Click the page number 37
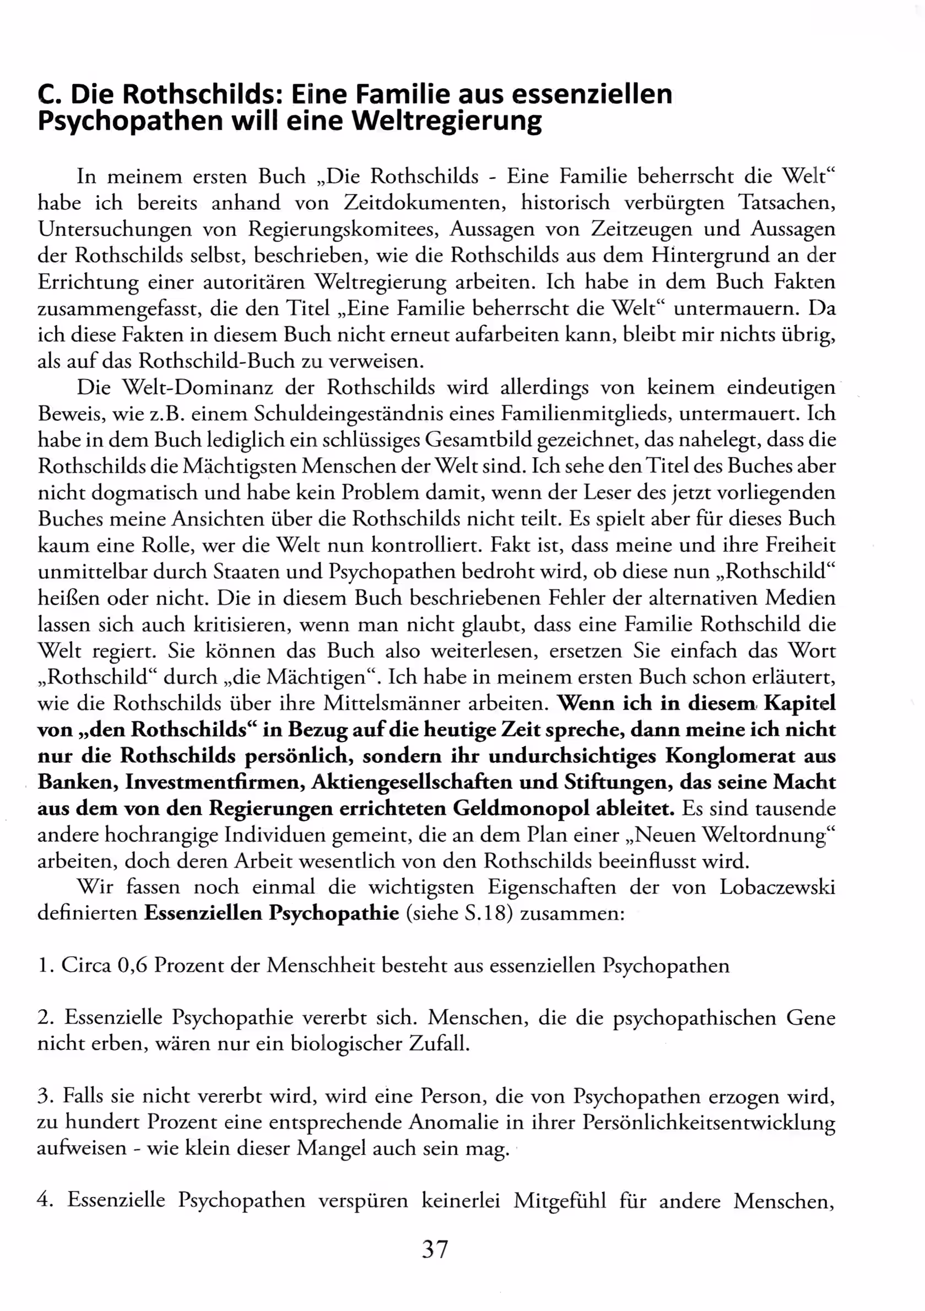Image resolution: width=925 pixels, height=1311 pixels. [x=435, y=1250]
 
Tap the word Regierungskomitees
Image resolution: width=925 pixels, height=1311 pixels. [x=343, y=229]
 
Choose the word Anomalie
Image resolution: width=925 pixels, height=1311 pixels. [x=453, y=1123]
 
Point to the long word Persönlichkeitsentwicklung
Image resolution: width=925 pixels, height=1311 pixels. [x=708, y=1123]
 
